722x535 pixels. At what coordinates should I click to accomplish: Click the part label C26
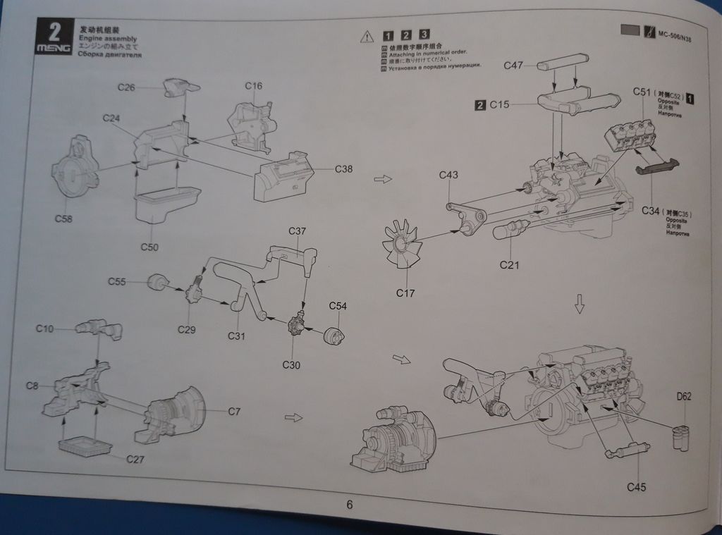coord(126,87)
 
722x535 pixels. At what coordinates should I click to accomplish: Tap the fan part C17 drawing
coord(404,247)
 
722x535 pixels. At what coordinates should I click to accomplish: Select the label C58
coord(63,218)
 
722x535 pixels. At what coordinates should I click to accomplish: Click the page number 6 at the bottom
coord(350,504)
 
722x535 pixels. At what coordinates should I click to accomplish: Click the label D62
coord(684,396)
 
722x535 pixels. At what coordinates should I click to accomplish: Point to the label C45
coord(636,486)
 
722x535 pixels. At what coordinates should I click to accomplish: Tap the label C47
coord(513,66)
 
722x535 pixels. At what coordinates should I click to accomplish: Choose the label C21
coord(510,264)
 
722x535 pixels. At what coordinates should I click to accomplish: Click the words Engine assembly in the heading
coord(107,38)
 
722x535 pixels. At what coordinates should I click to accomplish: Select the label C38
coord(343,168)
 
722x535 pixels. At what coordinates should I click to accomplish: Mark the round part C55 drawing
coord(159,283)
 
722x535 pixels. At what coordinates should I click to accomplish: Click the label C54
coord(338,306)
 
